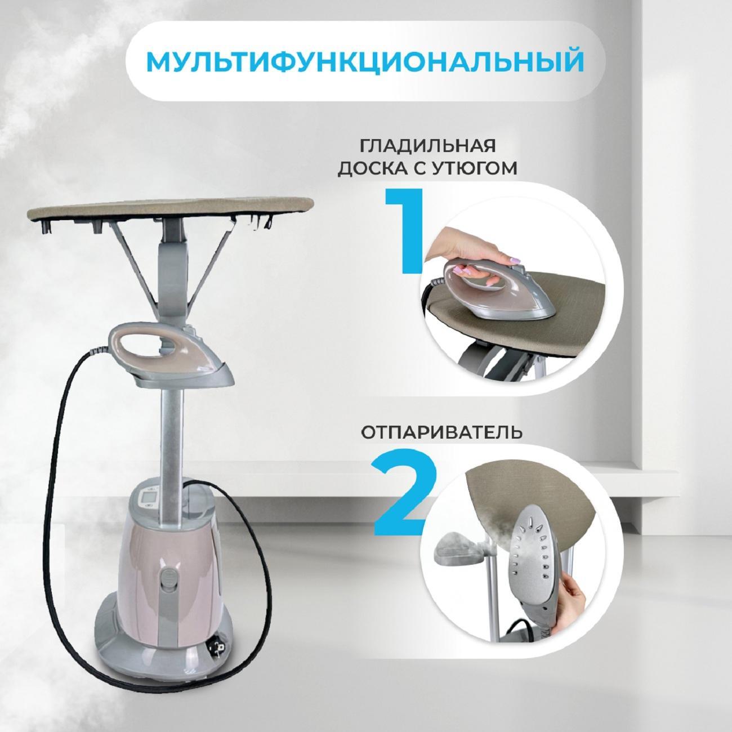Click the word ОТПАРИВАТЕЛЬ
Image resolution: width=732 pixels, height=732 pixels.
pos(441,432)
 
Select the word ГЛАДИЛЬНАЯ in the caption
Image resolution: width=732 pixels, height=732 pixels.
pos(427,146)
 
